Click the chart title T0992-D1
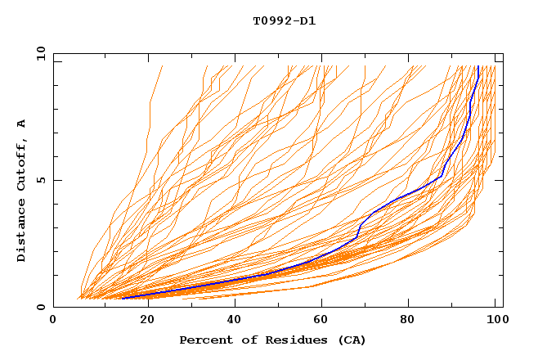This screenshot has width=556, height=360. coord(284,20)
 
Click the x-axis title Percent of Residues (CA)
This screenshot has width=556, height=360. coord(272,340)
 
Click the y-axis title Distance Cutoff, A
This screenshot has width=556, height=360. coord(22,190)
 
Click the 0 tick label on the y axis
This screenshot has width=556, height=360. coord(40,308)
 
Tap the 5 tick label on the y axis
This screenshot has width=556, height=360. coord(40,180)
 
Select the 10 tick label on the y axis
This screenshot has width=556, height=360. coord(38,52)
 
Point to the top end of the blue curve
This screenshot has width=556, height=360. coord(478,66)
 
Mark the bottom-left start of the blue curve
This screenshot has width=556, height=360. coord(122,299)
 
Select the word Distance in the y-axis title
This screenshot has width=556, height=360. coord(22,233)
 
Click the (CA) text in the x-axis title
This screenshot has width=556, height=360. coord(352,340)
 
